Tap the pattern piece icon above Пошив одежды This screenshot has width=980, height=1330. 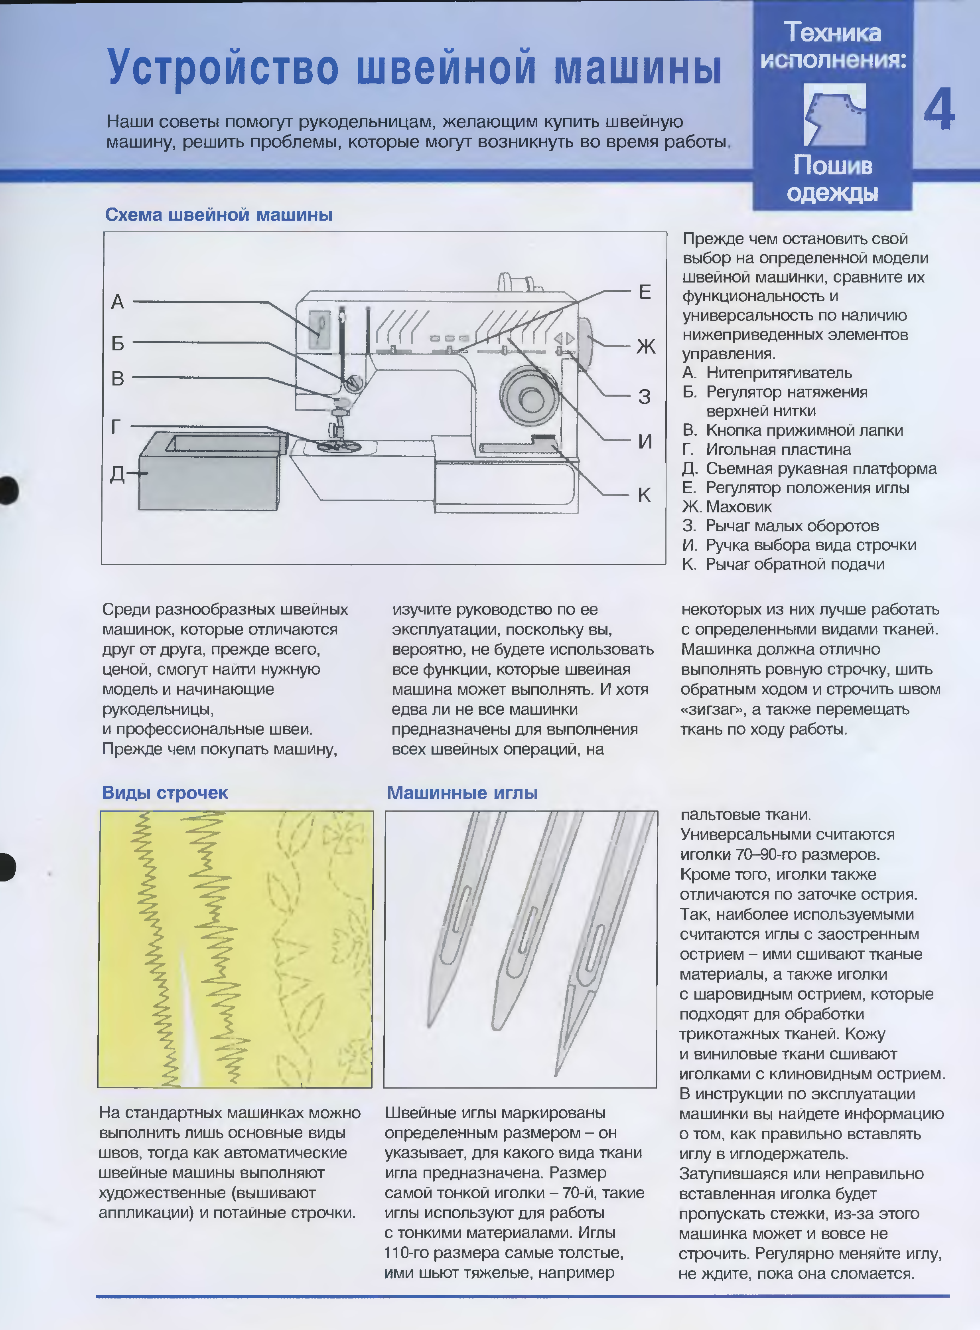click(834, 114)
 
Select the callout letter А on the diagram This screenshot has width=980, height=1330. click(117, 302)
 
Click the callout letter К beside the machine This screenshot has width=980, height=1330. click(644, 494)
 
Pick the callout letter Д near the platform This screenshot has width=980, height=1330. click(117, 474)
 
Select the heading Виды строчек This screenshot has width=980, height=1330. click(165, 793)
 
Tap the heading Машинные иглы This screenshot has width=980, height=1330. click(462, 793)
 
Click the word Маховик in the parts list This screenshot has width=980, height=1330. click(739, 507)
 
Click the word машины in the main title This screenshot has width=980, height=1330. click(638, 67)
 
